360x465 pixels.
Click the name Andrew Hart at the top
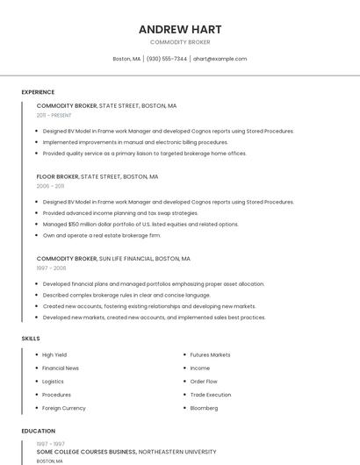click(x=180, y=29)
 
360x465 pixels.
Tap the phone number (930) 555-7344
click(x=167, y=59)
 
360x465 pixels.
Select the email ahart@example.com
click(x=220, y=59)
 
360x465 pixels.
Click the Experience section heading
click(x=38, y=92)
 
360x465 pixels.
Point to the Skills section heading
click(x=31, y=338)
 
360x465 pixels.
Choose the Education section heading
click(x=39, y=431)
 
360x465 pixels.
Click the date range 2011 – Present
click(x=54, y=115)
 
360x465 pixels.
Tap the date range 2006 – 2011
click(x=50, y=186)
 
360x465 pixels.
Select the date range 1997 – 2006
click(x=51, y=268)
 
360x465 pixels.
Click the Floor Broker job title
click(x=57, y=176)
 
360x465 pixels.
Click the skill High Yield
click(x=54, y=354)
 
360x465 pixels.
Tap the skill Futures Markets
click(x=211, y=354)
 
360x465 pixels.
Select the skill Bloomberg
click(x=205, y=408)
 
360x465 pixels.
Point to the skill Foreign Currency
click(x=64, y=408)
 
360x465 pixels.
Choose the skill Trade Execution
click(x=211, y=395)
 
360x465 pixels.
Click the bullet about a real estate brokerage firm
click(x=102, y=235)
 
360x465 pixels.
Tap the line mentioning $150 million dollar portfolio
click(x=140, y=224)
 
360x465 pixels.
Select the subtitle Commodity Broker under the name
click(x=180, y=42)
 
